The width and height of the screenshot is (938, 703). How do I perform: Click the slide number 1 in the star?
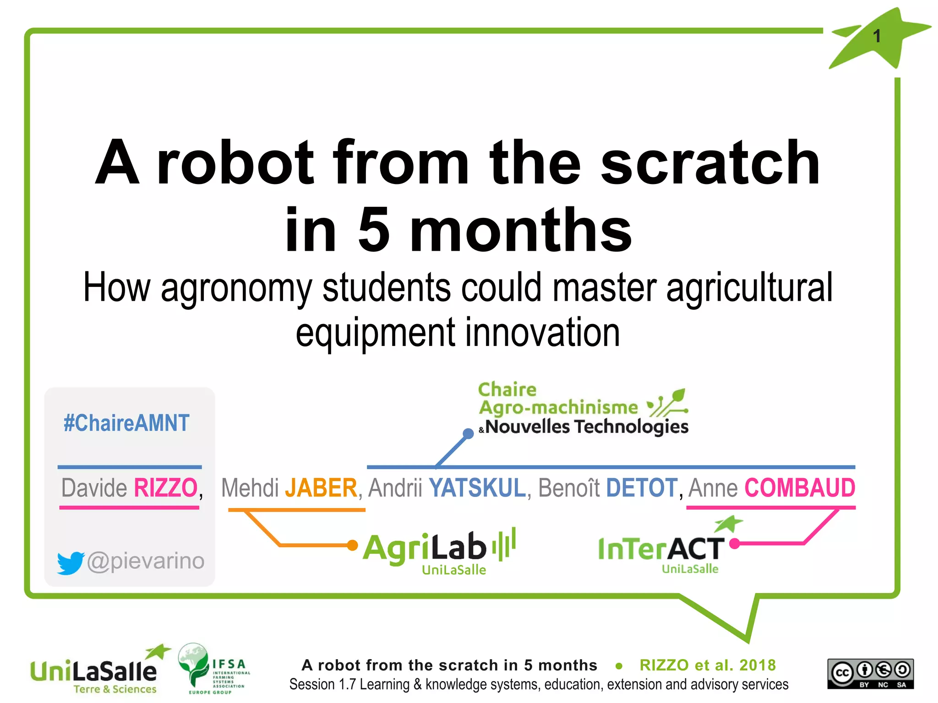tap(877, 36)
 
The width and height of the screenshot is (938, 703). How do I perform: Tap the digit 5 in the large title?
tap(373, 230)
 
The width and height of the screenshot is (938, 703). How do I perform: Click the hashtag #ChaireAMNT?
tap(126, 423)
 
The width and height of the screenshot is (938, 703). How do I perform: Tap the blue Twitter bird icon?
tap(70, 562)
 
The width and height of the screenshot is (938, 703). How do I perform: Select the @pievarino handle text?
tap(146, 561)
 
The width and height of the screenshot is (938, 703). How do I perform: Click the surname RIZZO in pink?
tap(165, 488)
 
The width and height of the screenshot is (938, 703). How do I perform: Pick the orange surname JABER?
tap(321, 488)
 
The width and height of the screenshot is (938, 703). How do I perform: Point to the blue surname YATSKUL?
tap(477, 488)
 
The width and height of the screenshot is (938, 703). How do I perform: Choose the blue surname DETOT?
tap(641, 488)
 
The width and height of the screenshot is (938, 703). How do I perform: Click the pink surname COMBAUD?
tap(800, 488)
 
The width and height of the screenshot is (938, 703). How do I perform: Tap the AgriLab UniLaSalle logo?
tap(439, 552)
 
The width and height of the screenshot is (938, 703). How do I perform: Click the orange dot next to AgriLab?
tap(352, 545)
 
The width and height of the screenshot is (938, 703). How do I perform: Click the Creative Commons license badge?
tap(870, 673)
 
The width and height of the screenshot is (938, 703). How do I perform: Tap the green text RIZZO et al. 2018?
tap(708, 665)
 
